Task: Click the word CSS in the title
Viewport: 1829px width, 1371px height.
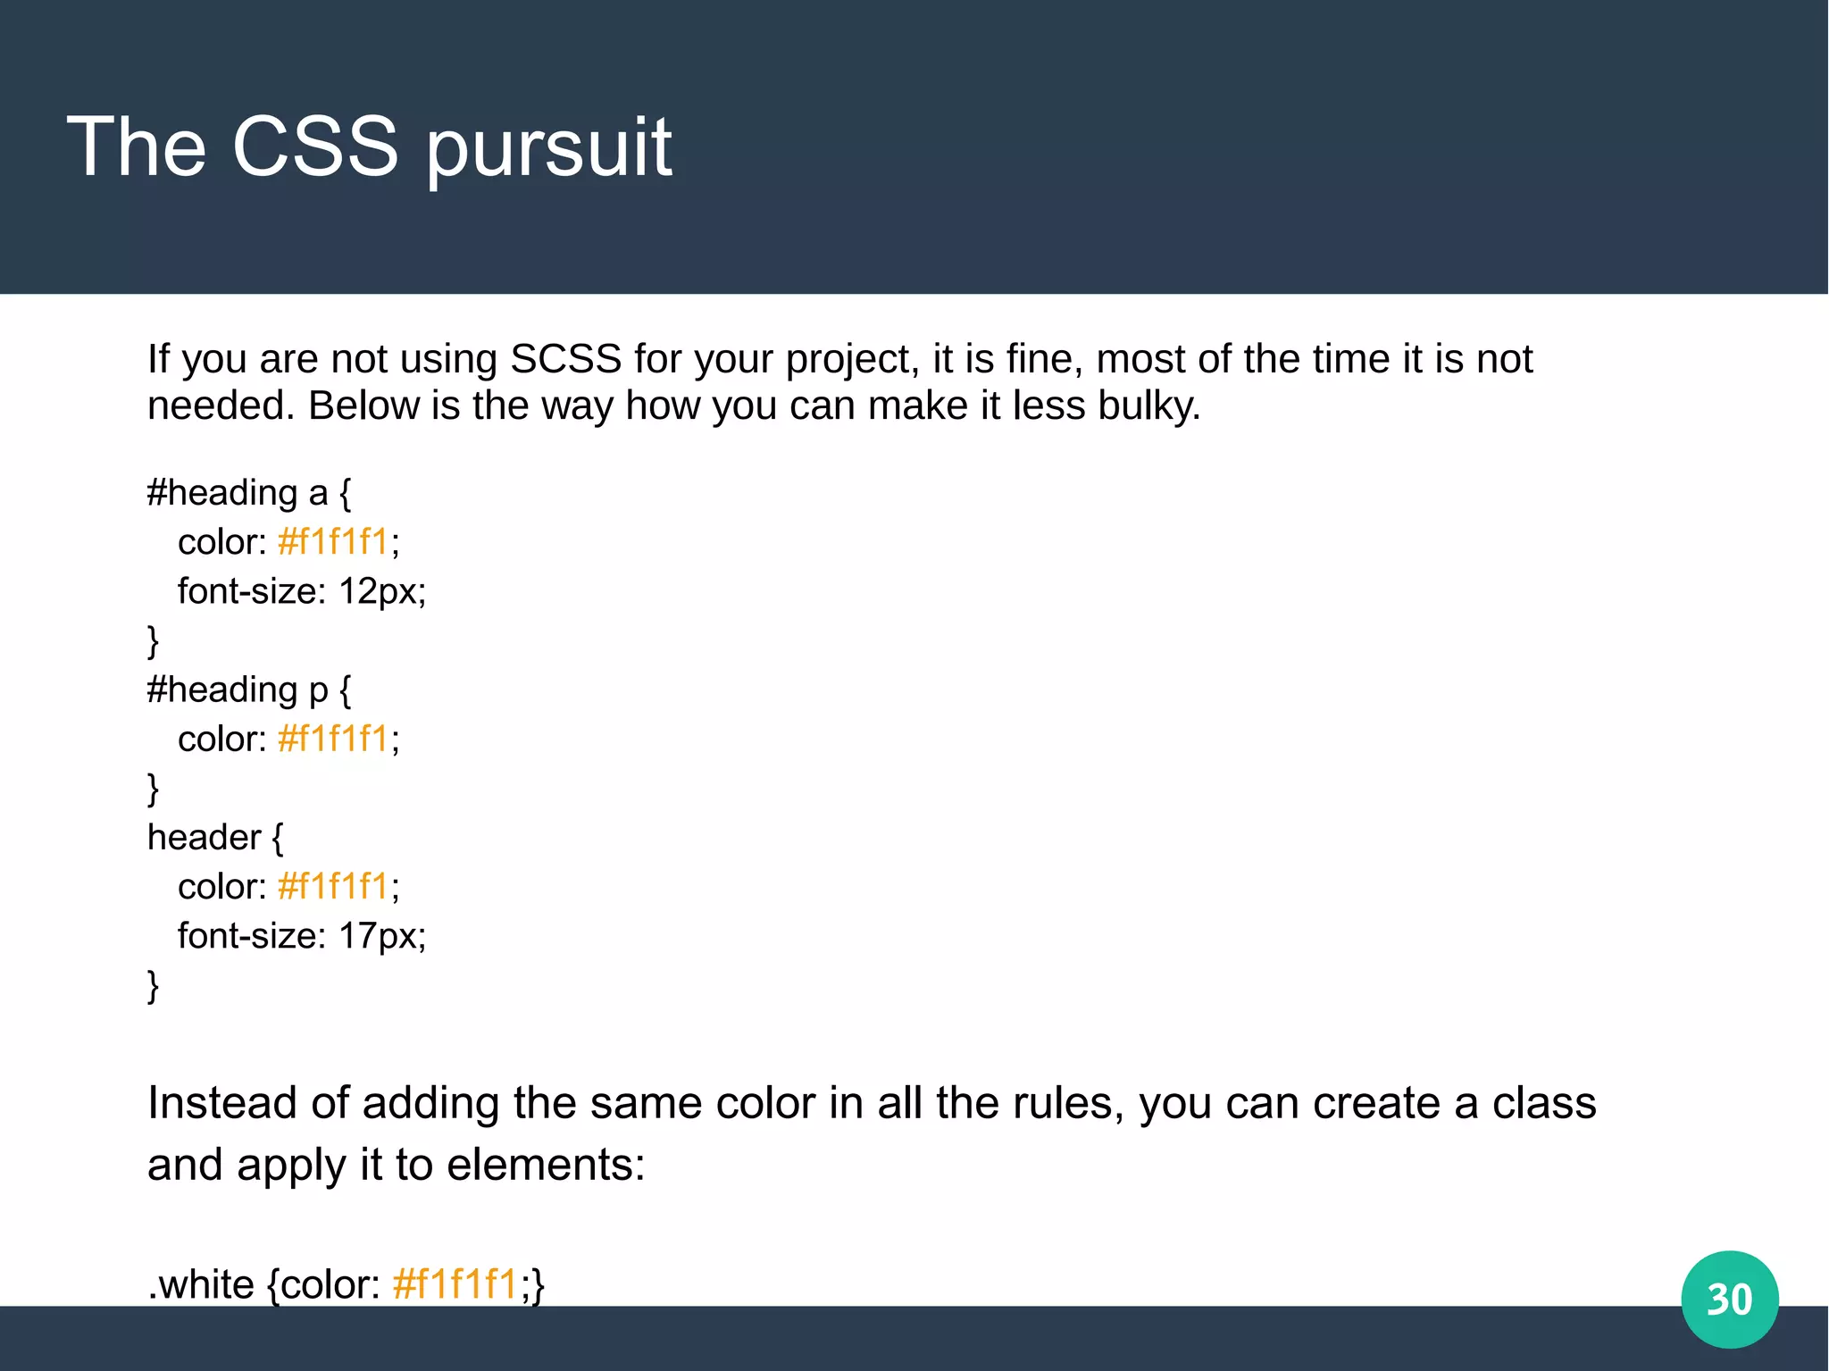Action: point(314,146)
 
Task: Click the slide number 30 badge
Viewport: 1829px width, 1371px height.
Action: point(1729,1299)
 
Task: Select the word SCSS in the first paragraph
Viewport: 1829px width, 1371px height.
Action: point(565,359)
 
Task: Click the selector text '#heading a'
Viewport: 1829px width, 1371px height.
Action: point(238,493)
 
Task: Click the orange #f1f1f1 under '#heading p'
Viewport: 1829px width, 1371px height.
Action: point(333,740)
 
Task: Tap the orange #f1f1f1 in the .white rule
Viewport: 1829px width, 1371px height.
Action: point(455,1284)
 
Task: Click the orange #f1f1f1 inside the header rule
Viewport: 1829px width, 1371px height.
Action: point(333,887)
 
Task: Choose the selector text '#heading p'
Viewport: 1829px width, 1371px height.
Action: point(238,690)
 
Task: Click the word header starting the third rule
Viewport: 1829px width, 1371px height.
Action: point(204,838)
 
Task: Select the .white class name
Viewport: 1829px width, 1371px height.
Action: point(202,1284)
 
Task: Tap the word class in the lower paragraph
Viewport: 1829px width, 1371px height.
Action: point(1544,1103)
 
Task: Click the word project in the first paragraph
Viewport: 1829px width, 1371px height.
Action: point(851,360)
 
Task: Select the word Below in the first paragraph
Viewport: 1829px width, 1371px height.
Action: point(363,406)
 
